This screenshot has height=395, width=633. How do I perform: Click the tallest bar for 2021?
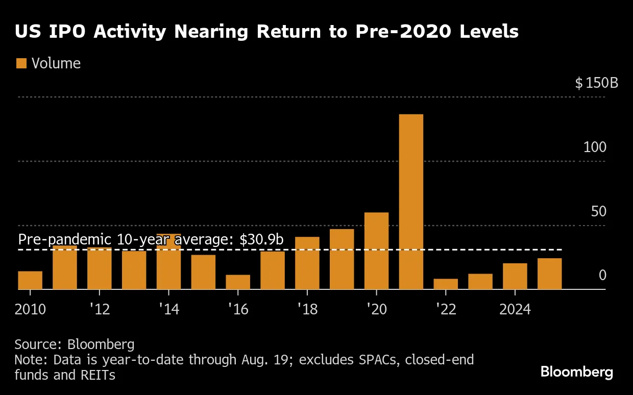coord(411,202)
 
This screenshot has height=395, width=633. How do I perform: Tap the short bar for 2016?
coord(238,282)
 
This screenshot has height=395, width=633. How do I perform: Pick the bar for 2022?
coord(446,284)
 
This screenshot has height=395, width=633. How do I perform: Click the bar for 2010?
coord(30,280)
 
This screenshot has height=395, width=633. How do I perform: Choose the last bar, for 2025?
coord(549,274)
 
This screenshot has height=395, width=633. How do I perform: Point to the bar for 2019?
coord(342,259)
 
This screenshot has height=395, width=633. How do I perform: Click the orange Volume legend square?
coord(21,63)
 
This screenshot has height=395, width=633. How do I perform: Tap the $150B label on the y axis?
coord(596,83)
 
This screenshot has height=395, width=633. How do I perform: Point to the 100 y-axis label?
coord(595,147)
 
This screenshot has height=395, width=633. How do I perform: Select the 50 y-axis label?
coord(598,212)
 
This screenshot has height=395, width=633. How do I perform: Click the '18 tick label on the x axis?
coord(307,309)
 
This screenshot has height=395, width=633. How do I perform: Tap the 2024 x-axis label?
coord(515,309)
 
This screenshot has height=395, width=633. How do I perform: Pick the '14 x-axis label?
coord(168,309)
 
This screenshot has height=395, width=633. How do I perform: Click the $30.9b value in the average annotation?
coord(261,240)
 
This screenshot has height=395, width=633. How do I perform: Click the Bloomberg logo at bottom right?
coord(577,372)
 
